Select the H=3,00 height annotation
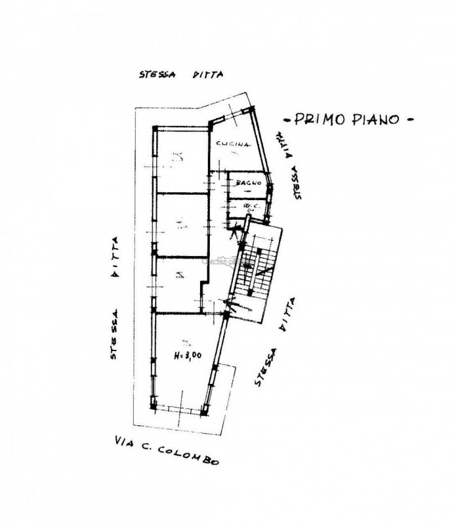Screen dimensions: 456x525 tap(188, 356)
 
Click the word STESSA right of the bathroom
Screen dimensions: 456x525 tap(299, 182)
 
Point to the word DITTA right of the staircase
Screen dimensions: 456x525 tap(287, 316)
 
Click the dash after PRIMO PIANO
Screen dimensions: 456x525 tap(410, 119)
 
